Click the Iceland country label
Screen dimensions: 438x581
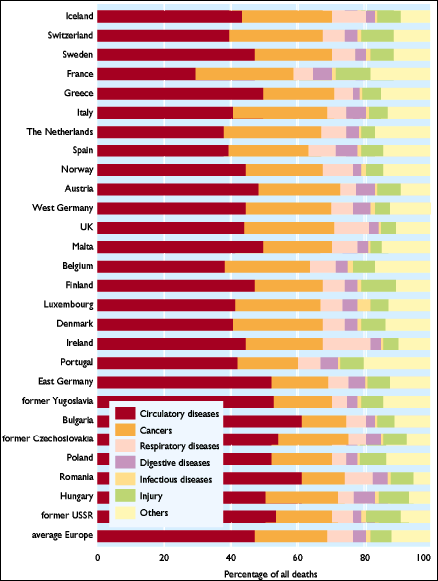79,16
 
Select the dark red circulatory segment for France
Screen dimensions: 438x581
146,74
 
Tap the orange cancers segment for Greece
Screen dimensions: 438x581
299,93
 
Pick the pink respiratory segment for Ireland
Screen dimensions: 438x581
347,344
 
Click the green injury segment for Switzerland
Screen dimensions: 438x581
377,35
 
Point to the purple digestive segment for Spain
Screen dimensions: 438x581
347,150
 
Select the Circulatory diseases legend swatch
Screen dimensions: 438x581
125,413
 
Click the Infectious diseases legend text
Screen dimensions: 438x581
176,479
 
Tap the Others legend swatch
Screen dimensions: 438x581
125,513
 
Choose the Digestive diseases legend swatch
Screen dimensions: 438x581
125,462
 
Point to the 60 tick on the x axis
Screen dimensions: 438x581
297,558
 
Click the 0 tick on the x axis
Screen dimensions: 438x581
97,558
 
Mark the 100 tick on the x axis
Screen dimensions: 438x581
424,558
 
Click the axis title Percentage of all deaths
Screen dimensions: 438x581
271,574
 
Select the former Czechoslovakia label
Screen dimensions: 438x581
48,438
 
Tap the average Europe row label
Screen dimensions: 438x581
62,535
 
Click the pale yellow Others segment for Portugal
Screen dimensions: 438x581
397,363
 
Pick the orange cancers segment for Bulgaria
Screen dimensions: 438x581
324,421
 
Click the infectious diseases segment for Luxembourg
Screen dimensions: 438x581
364,305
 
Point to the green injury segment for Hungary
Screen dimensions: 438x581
394,497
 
